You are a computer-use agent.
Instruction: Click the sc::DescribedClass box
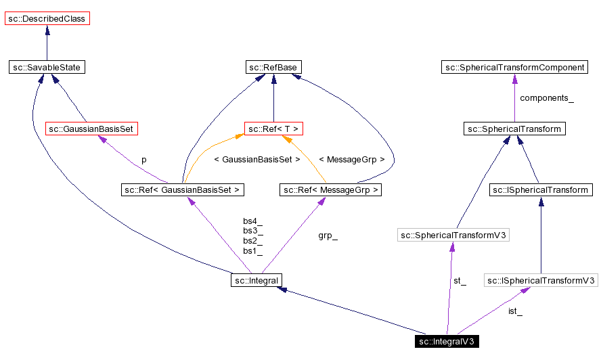pos(47,18)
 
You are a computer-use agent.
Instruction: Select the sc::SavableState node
pos(47,67)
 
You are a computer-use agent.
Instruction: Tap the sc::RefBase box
pos(273,67)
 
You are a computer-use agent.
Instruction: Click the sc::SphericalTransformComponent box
pos(514,67)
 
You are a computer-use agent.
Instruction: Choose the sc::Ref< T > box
pos(273,128)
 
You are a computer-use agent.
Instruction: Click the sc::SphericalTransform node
pos(514,128)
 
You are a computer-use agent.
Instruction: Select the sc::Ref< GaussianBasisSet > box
pos(182,190)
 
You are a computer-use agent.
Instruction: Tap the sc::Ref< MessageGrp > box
pos(330,190)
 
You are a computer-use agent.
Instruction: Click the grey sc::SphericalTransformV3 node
pos(453,235)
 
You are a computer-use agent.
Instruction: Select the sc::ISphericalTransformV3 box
pos(541,279)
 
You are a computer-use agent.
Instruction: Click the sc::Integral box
pos(256,279)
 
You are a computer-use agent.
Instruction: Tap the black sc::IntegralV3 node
pos(447,341)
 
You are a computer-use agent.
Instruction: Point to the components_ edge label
pos(546,98)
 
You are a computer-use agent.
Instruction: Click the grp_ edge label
pos(328,236)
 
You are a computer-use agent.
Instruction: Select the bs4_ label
pos(252,221)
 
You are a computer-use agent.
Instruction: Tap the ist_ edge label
pos(515,311)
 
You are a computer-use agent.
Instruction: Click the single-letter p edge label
pos(143,160)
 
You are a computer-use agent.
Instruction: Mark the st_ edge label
pos(460,281)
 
